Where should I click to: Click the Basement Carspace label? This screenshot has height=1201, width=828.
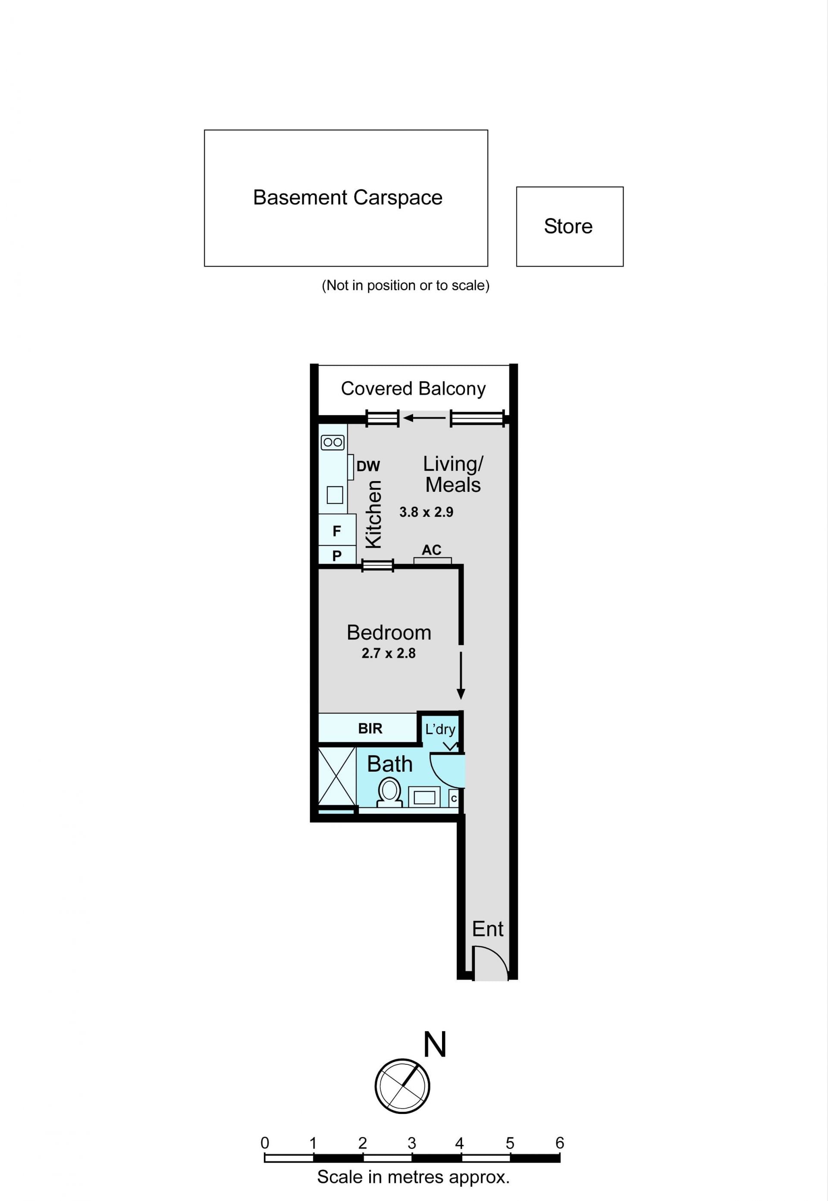348,197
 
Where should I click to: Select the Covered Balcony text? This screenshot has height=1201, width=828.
413,388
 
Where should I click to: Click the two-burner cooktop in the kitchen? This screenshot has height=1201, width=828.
332,442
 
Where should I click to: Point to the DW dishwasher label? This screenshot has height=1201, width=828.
368,466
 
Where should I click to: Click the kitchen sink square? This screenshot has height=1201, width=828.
335,495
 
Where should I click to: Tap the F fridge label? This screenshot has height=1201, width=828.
337,531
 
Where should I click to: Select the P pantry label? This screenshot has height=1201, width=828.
337,555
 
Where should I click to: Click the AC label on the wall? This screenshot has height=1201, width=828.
432,550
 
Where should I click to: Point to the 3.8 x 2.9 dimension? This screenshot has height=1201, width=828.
426,513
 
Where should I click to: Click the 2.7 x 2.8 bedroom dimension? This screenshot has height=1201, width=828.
389,654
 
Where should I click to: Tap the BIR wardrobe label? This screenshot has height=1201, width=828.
370,729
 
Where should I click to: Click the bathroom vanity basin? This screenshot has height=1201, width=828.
424,797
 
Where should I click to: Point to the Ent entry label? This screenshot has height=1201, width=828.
488,929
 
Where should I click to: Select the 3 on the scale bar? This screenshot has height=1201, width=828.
411,1143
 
